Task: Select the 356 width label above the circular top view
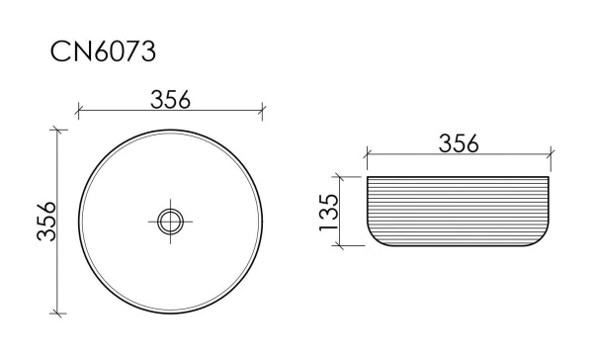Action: pyautogui.click(x=170, y=99)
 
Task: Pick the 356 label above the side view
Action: pyautogui.click(x=458, y=143)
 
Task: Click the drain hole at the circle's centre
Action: pyautogui.click(x=171, y=221)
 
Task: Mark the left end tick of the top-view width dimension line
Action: pyautogui.click(x=78, y=111)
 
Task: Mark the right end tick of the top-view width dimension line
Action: pyautogui.click(x=263, y=111)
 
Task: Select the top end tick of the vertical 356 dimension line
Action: pyautogui.click(x=58, y=129)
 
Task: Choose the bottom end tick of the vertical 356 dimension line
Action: pyautogui.click(x=58, y=314)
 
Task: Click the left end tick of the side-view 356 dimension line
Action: pyautogui.click(x=367, y=156)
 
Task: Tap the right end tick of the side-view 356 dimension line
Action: pyautogui.click(x=550, y=156)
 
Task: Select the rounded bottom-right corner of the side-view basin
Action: pyautogui.click(x=543, y=240)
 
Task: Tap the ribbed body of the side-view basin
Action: pyautogui.click(x=458, y=212)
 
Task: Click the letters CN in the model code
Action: pyautogui.click(x=72, y=51)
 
